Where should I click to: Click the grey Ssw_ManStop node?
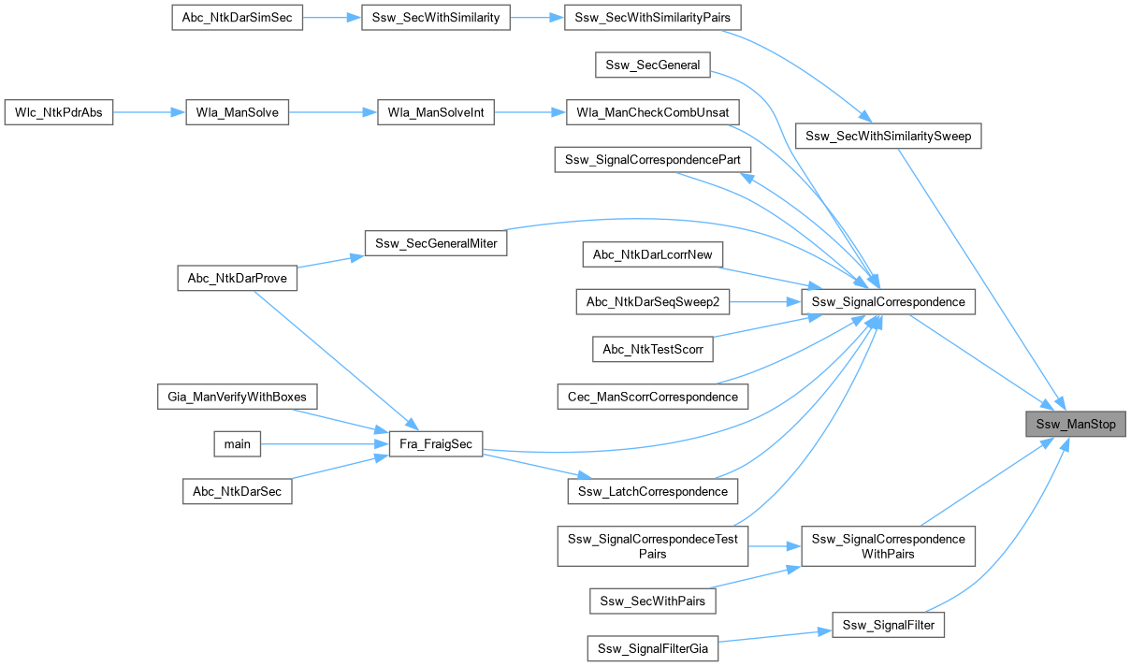click(1076, 424)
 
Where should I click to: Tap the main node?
click(238, 443)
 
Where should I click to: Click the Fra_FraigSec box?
click(436, 443)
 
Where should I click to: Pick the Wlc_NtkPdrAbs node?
click(59, 112)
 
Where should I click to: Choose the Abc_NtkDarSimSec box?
click(238, 18)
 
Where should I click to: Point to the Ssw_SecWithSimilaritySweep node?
click(889, 137)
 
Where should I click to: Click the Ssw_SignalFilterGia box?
click(653, 647)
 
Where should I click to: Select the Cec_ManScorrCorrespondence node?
click(652, 397)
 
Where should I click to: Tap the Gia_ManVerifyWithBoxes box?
click(238, 397)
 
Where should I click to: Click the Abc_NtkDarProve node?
click(238, 278)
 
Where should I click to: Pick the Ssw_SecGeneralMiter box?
click(436, 243)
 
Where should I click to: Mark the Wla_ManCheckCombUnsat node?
click(653, 112)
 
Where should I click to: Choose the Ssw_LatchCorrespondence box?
click(653, 491)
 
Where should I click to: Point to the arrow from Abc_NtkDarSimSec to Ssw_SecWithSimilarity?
click(332, 18)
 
